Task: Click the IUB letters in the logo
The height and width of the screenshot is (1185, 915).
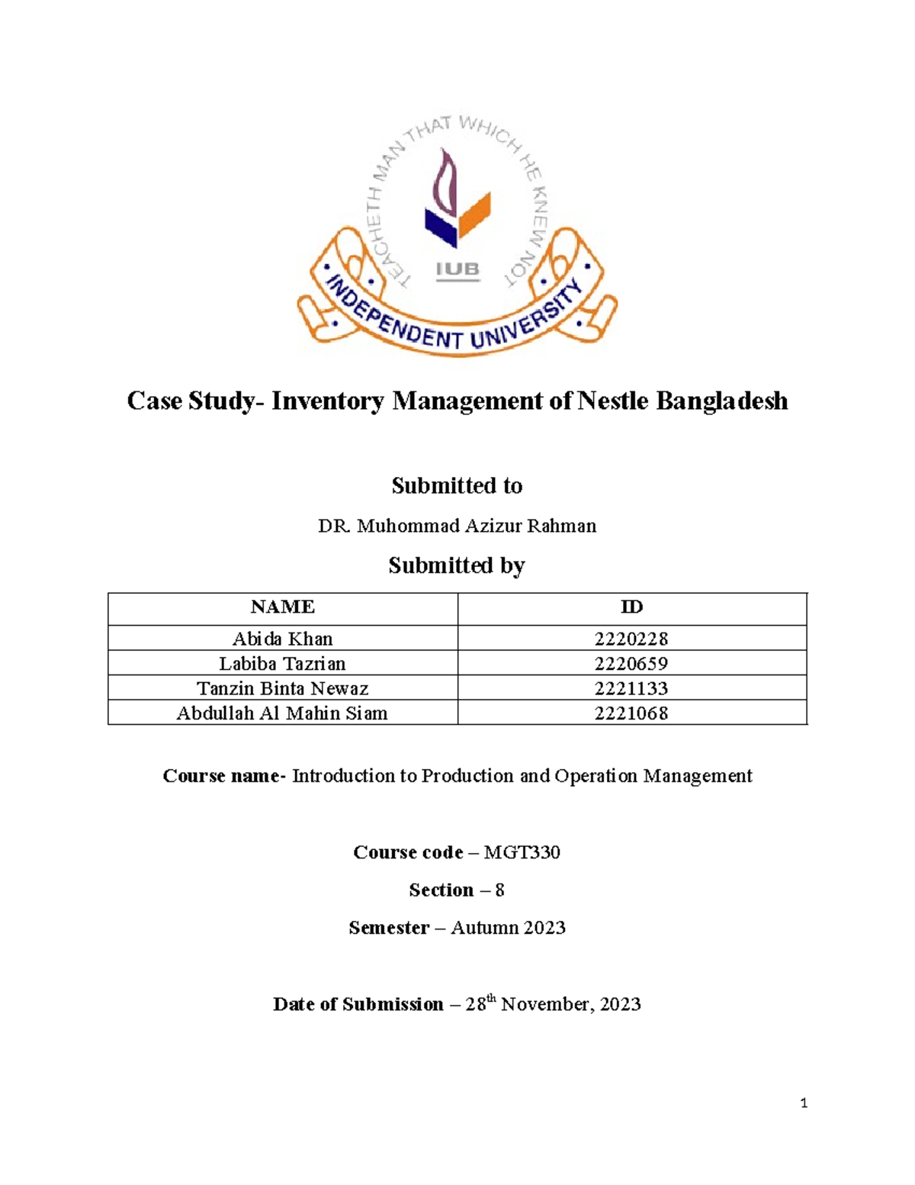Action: (457, 269)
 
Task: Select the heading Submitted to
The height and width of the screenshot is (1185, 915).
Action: (457, 485)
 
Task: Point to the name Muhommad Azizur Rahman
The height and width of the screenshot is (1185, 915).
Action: (476, 526)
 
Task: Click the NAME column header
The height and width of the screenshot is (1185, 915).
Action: (282, 607)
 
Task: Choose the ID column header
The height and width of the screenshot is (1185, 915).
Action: (631, 607)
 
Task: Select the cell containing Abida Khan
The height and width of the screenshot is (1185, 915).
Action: (282, 639)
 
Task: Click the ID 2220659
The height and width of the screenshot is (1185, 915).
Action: (631, 664)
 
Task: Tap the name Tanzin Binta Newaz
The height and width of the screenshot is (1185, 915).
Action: (282, 688)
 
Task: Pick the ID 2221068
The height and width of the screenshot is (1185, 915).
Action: (631, 713)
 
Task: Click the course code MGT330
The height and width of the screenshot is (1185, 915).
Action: (522, 852)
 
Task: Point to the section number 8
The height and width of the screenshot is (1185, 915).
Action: (499, 890)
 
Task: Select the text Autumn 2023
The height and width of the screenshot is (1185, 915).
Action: (508, 928)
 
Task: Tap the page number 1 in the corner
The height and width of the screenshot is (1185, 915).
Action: (804, 1103)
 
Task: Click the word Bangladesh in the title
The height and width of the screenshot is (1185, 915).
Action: (721, 401)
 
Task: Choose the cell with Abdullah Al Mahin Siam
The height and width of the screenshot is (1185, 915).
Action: (282, 713)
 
